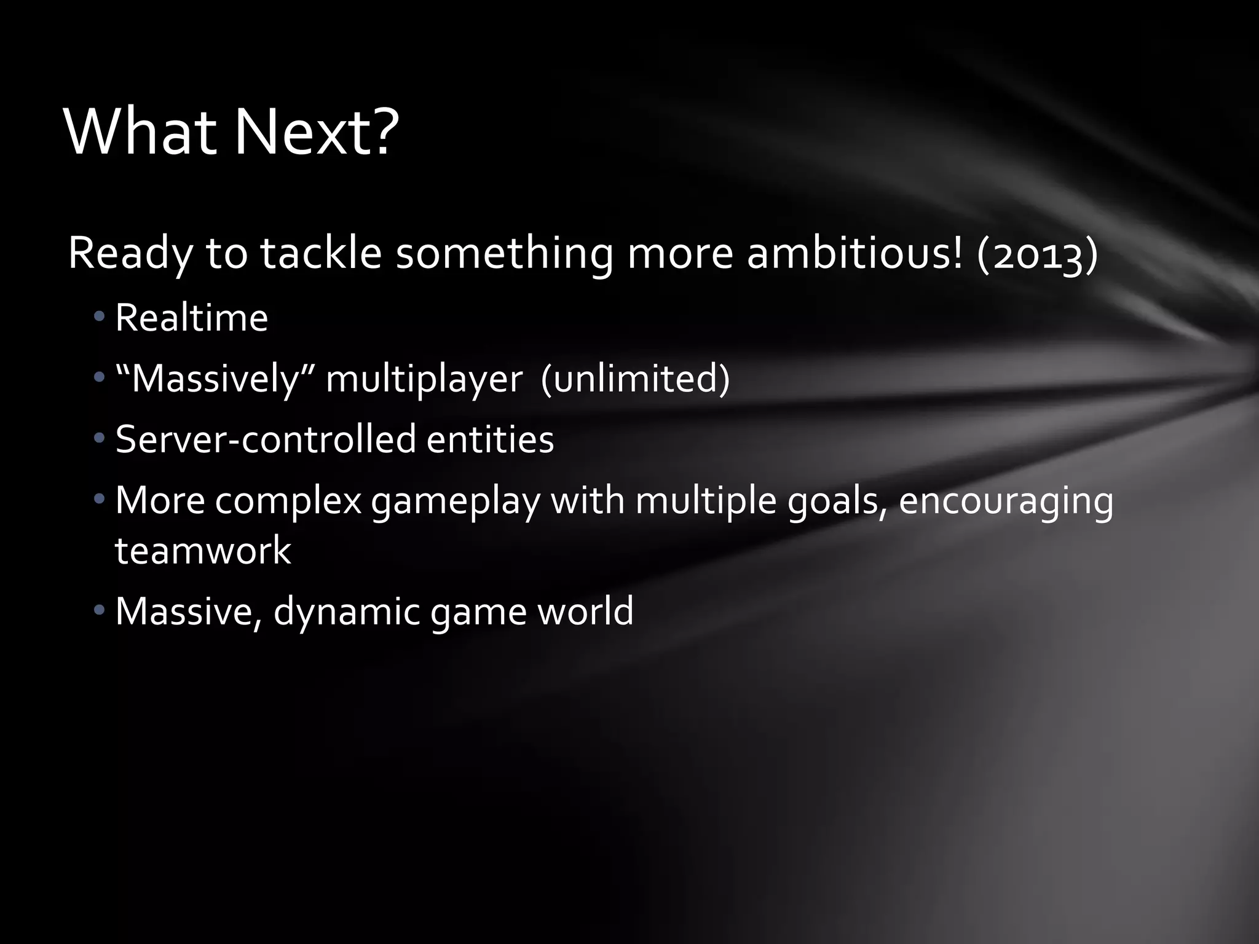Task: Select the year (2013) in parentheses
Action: [1036, 254]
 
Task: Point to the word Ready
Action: [130, 255]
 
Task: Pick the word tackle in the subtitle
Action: [322, 254]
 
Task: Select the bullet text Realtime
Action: [192, 318]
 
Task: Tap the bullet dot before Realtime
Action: [100, 318]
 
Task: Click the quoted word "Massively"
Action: [215, 379]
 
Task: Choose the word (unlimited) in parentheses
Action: [635, 378]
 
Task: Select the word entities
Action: [490, 439]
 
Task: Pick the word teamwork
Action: [203, 550]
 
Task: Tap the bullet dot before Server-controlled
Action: [100, 439]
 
